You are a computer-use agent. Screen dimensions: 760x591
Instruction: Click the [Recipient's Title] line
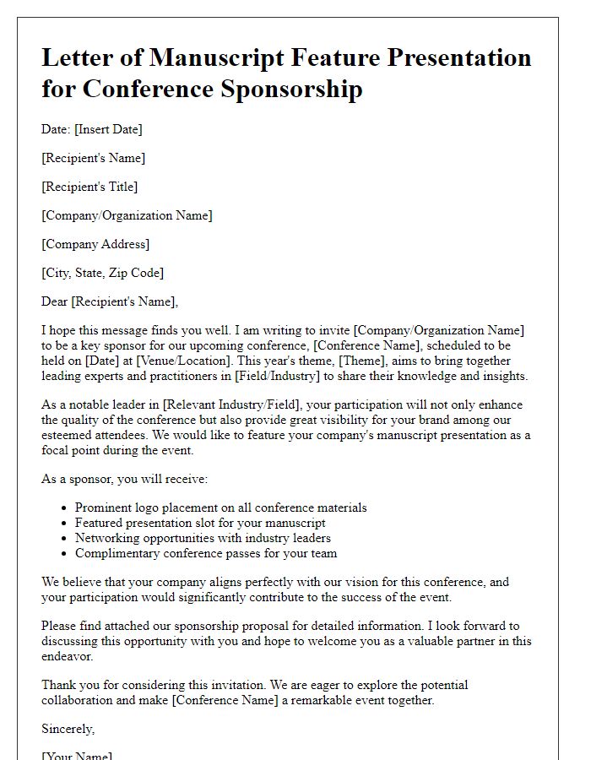click(x=89, y=187)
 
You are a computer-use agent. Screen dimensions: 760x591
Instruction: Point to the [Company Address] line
click(x=95, y=244)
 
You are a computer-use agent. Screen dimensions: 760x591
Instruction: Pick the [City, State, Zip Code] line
click(x=103, y=273)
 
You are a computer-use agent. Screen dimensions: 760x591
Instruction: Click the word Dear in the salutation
click(x=55, y=301)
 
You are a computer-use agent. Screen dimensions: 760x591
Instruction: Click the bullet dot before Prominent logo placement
click(x=65, y=508)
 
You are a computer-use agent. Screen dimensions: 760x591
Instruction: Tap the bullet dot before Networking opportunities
click(x=65, y=539)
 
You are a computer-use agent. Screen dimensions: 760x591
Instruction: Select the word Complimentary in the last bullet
click(x=119, y=553)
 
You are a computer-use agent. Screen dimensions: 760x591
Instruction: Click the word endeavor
click(x=68, y=656)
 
